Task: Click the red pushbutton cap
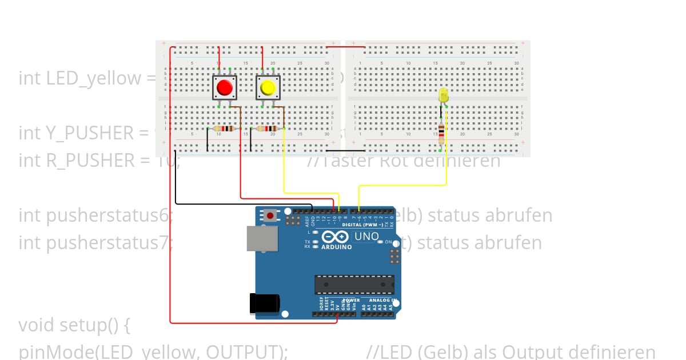click(x=224, y=87)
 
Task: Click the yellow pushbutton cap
click(x=268, y=87)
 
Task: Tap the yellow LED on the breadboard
click(x=444, y=96)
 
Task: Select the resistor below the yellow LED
click(x=441, y=133)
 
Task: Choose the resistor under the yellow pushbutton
click(x=268, y=129)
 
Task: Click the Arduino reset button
click(x=270, y=215)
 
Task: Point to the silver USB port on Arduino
click(x=262, y=238)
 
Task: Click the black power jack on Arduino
click(x=264, y=303)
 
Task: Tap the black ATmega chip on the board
click(x=354, y=285)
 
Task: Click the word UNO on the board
click(x=366, y=236)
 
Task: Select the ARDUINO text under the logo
click(x=337, y=247)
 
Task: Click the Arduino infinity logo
click(x=335, y=237)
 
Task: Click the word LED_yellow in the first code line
click(x=79, y=78)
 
